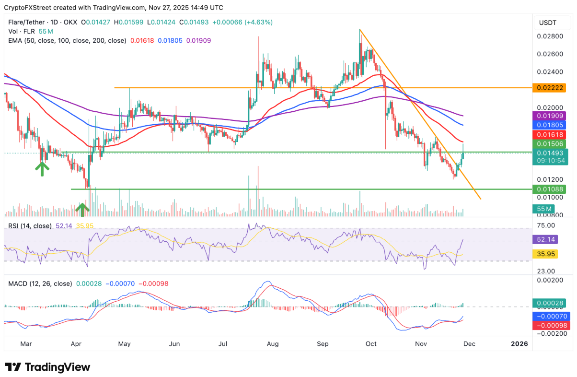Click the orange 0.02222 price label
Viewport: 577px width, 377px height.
(549, 88)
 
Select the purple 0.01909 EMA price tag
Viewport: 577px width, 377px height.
(549, 116)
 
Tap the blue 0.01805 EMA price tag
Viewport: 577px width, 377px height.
(549, 125)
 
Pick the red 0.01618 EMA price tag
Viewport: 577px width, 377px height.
(549, 135)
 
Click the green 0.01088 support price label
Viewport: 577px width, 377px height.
(549, 189)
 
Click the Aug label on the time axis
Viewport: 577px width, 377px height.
(273, 344)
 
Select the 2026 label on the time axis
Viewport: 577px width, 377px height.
(519, 344)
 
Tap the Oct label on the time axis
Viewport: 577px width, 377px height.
(371, 344)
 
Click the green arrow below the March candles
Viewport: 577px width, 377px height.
(42, 168)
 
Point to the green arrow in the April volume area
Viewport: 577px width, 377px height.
(82, 209)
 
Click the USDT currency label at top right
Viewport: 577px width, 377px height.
(548, 22)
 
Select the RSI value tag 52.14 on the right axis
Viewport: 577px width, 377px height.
(546, 239)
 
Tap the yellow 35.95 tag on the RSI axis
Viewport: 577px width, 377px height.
(546, 254)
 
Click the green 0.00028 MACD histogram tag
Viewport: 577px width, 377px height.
(549, 303)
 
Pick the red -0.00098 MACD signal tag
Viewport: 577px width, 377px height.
(549, 325)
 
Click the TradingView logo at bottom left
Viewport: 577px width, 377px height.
(47, 367)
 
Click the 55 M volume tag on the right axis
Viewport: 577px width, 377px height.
(543, 209)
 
